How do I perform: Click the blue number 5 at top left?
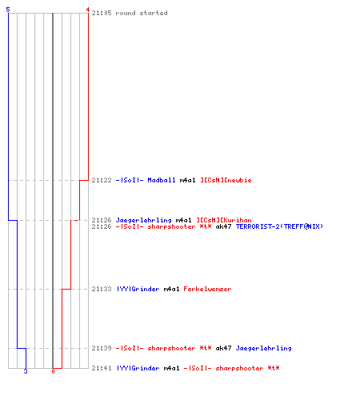coord(8,10)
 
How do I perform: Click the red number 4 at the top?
coord(88,10)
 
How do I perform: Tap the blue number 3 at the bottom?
coord(26,371)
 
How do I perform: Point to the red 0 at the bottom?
coord(53,371)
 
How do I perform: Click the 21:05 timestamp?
coord(102,13)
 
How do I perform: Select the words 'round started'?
coord(142,13)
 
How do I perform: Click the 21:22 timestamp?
coord(102,180)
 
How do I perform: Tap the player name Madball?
coord(162,180)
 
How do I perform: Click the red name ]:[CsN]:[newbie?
coord(226,180)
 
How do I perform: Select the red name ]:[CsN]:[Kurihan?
coord(224,220)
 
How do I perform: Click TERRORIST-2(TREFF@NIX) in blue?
coord(279,226)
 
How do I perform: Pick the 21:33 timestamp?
coord(102,289)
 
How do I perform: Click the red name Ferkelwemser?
coord(207,289)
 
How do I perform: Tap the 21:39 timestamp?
coord(102,348)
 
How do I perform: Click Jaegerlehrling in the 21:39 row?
coord(264,348)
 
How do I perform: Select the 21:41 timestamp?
coord(102,368)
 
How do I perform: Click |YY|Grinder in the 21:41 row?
coord(138,368)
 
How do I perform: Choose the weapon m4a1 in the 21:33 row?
coord(171,289)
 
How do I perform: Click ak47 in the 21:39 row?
coord(223,348)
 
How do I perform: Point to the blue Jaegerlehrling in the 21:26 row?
coord(144,220)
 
